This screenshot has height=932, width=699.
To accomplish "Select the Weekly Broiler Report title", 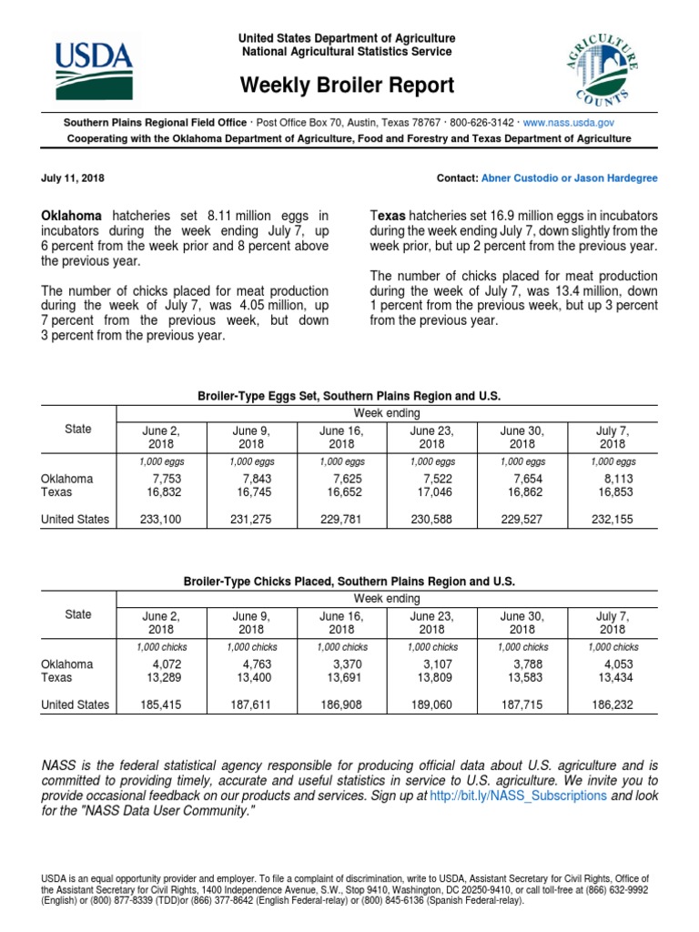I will coord(347,86).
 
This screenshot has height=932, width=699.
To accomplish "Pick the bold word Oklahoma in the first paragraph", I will coord(73,216).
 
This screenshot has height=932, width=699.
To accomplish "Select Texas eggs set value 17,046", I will coord(431,492).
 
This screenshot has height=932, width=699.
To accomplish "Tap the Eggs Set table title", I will coord(349,396).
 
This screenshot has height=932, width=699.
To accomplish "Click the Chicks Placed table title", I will coord(349,581).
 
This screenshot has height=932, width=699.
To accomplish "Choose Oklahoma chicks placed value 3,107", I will coord(431,664).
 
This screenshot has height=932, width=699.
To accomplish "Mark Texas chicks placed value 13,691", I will coord(341,678).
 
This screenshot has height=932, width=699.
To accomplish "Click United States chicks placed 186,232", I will coord(613,704).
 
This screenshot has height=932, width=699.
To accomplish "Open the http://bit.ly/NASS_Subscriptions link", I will coord(518,795).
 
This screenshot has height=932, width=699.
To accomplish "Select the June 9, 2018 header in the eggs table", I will coord(251,437).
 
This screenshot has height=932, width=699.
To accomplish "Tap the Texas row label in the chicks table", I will coord(60,678).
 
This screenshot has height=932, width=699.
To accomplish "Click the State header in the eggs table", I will coord(78,429).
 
